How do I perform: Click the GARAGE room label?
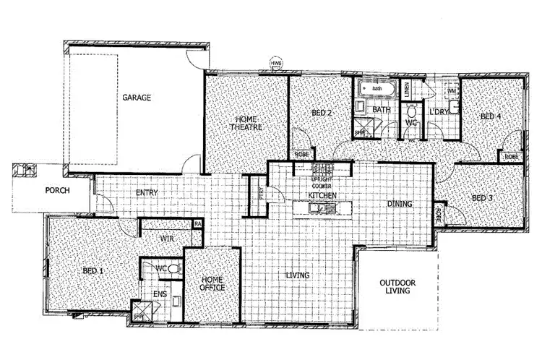coord(136,98)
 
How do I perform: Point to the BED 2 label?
coord(322,113)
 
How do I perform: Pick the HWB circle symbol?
coord(276,64)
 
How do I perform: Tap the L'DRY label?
coord(439,112)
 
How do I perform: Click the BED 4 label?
coord(491,116)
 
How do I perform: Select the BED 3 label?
coord(482,198)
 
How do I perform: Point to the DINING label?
coord(399,204)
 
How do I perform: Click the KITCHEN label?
coord(322,196)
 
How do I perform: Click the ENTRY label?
coord(147,193)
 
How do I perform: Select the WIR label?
coord(168,237)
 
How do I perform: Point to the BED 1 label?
coord(93,270)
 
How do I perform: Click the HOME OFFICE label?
coord(212,283)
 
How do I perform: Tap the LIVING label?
coord(298,275)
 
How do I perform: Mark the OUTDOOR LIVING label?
coord(398,286)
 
